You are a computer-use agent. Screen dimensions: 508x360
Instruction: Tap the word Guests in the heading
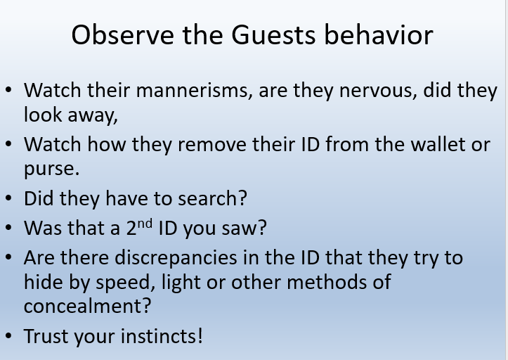tap(273, 35)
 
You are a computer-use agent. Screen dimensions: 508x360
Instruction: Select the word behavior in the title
tap(379, 34)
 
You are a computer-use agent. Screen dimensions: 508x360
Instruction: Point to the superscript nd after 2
tap(145, 224)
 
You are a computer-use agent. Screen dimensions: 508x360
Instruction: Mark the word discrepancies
tap(176, 258)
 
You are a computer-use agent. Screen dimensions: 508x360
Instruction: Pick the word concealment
tap(87, 306)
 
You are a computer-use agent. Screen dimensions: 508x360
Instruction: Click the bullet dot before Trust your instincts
tap(8, 335)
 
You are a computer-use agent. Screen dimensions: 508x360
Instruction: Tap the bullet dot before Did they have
tap(8, 198)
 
